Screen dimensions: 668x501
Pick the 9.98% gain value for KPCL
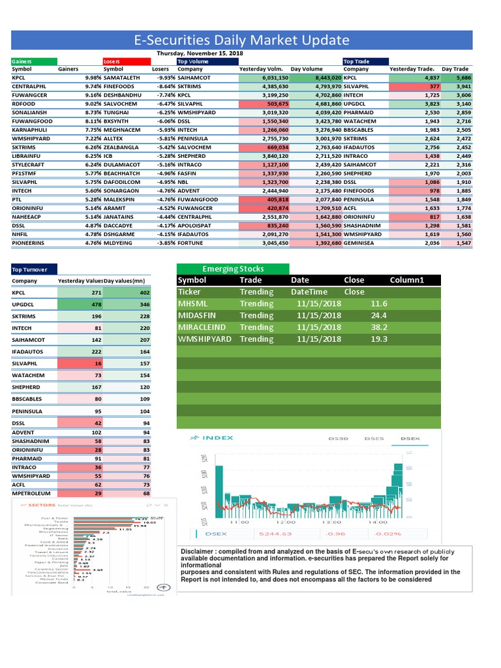point(93,77)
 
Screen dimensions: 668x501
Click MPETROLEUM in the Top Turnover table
point(32,493)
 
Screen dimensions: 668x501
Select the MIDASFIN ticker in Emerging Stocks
point(200,316)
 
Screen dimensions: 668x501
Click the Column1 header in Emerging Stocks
point(406,280)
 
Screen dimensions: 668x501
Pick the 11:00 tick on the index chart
point(239,522)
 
